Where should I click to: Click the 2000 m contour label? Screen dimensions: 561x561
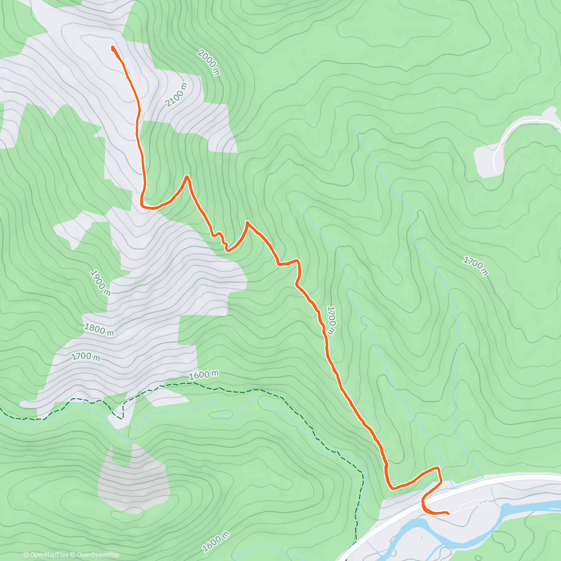pos(208,63)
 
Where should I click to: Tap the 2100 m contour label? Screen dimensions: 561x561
pos(177,95)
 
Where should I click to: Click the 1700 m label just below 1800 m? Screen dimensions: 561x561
pos(86,357)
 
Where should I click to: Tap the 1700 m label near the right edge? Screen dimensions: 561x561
pos(475,266)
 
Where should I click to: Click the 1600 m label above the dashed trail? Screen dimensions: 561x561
pos(204,375)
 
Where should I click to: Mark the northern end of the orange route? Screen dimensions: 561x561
pos(113,47)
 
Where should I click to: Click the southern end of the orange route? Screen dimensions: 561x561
pos(448,513)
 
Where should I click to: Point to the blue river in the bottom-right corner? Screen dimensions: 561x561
pos(528,508)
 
